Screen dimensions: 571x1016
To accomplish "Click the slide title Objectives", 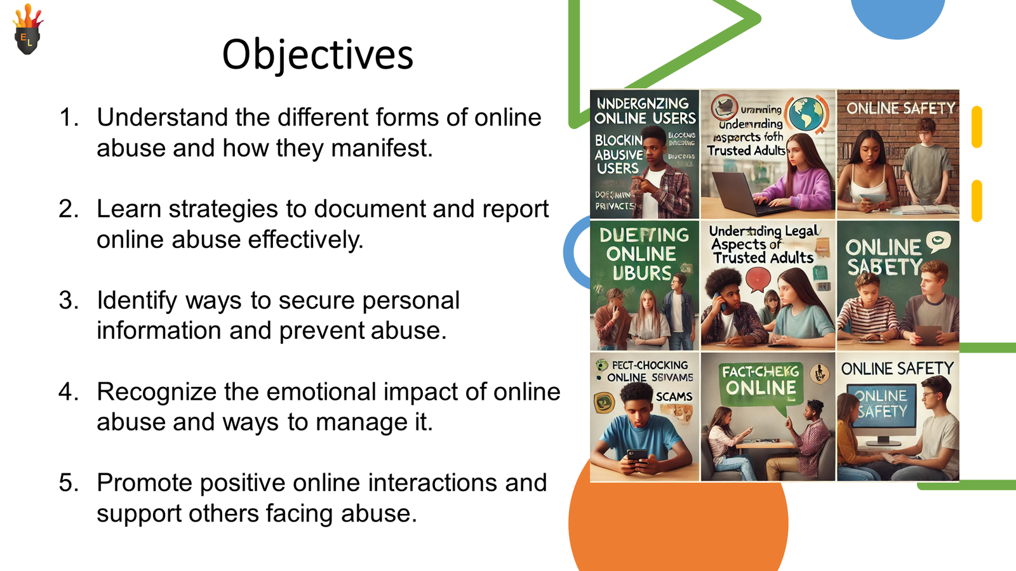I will point(317,55).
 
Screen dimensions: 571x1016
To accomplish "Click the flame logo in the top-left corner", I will point(27,31).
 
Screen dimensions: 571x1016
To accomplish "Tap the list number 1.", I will point(68,118).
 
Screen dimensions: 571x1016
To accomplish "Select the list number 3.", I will point(68,301).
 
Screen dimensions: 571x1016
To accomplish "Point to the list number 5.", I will point(68,483).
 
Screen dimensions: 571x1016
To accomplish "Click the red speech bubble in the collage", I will point(758,279).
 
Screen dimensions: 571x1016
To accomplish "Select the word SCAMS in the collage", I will point(674,397).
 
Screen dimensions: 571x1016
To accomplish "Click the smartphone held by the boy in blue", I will point(637,456).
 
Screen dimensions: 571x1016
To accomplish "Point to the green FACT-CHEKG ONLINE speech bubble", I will point(761,383).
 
